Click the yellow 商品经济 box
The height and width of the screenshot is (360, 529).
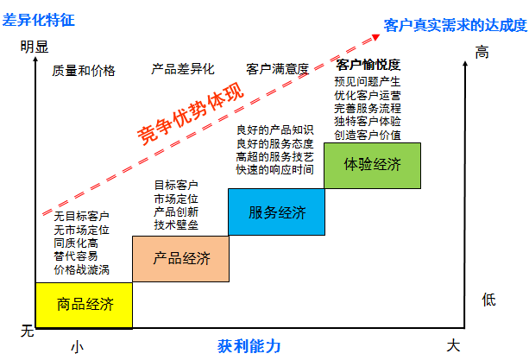85,304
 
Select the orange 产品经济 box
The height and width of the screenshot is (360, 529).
181,258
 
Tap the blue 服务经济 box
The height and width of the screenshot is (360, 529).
276,212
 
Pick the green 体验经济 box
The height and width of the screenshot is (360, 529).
372,165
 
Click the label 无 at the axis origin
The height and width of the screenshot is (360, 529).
26,331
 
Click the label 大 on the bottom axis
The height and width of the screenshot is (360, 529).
453,346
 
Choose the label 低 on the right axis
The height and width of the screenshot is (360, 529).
488,300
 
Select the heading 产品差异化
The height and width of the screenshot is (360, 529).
182,69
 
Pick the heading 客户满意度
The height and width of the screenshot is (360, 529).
277,69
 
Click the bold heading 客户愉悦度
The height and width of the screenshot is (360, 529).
368,66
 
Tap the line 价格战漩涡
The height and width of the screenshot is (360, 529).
81,270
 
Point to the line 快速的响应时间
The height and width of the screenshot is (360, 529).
274,170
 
